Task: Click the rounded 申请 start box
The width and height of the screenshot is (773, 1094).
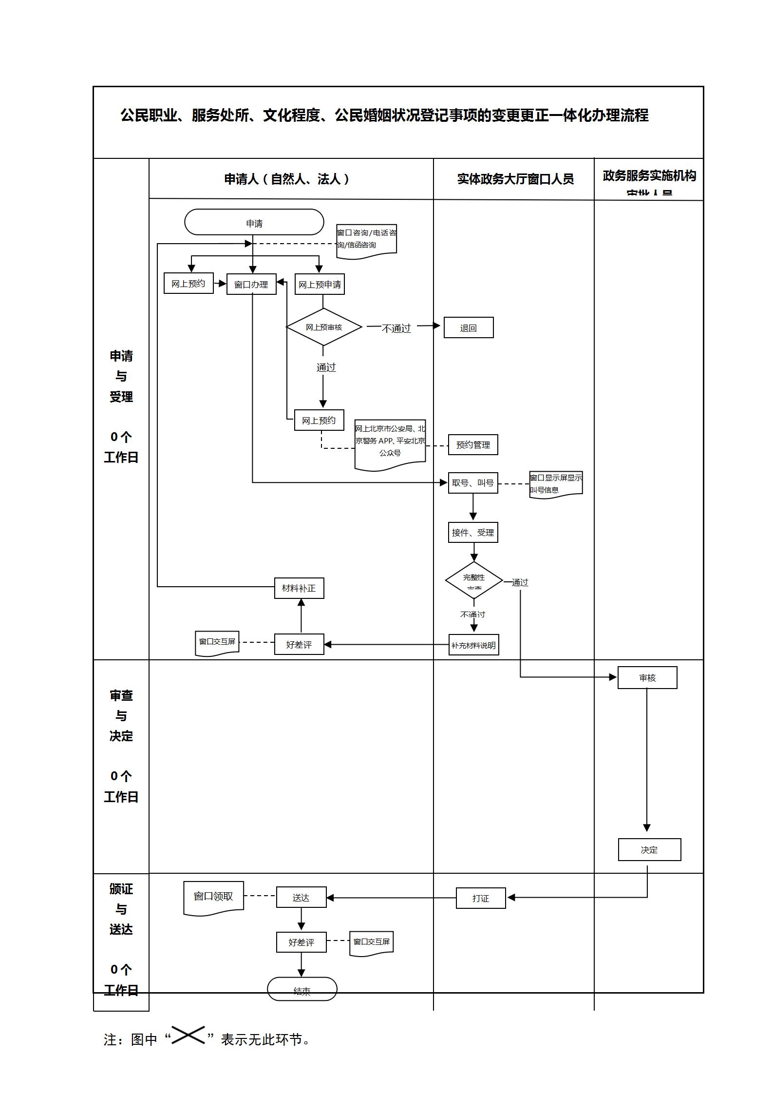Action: tap(254, 223)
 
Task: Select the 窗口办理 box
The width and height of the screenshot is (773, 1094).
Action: tap(251, 284)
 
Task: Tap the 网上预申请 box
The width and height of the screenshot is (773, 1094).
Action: tap(320, 284)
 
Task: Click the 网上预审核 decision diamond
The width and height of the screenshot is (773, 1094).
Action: tap(324, 327)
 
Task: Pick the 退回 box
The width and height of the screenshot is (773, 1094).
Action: tap(468, 327)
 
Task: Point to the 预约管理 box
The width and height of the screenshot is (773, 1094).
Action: tap(473, 444)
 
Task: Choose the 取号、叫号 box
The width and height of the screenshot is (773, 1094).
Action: tap(473, 482)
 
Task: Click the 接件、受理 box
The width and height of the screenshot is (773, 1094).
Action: tap(473, 532)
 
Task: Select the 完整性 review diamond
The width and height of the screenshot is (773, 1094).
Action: tap(474, 580)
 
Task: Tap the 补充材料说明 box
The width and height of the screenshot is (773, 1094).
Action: tap(473, 645)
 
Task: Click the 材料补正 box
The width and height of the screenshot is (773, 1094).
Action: tap(299, 588)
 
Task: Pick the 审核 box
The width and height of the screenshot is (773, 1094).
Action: tap(647, 677)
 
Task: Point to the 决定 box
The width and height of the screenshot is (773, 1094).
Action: tap(649, 849)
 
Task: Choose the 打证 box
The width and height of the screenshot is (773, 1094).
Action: tap(481, 898)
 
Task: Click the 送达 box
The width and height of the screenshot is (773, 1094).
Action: tap(301, 897)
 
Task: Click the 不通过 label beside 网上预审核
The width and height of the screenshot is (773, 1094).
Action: tap(396, 328)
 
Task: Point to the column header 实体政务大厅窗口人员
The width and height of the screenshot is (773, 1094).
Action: tap(515, 179)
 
